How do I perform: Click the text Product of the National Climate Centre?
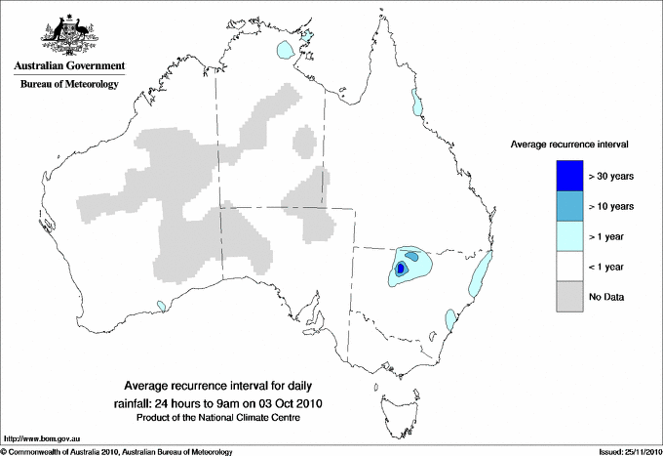coord(231,418)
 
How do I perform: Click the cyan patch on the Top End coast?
coord(286,50)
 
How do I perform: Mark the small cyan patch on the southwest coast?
coord(160,306)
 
